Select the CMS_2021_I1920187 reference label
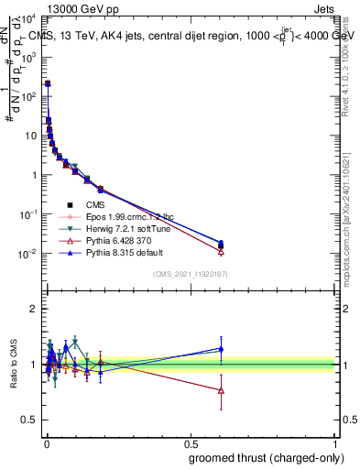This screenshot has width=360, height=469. (191, 274)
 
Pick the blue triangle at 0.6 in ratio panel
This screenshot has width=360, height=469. (221, 348)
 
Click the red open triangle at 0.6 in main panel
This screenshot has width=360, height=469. (221, 251)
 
